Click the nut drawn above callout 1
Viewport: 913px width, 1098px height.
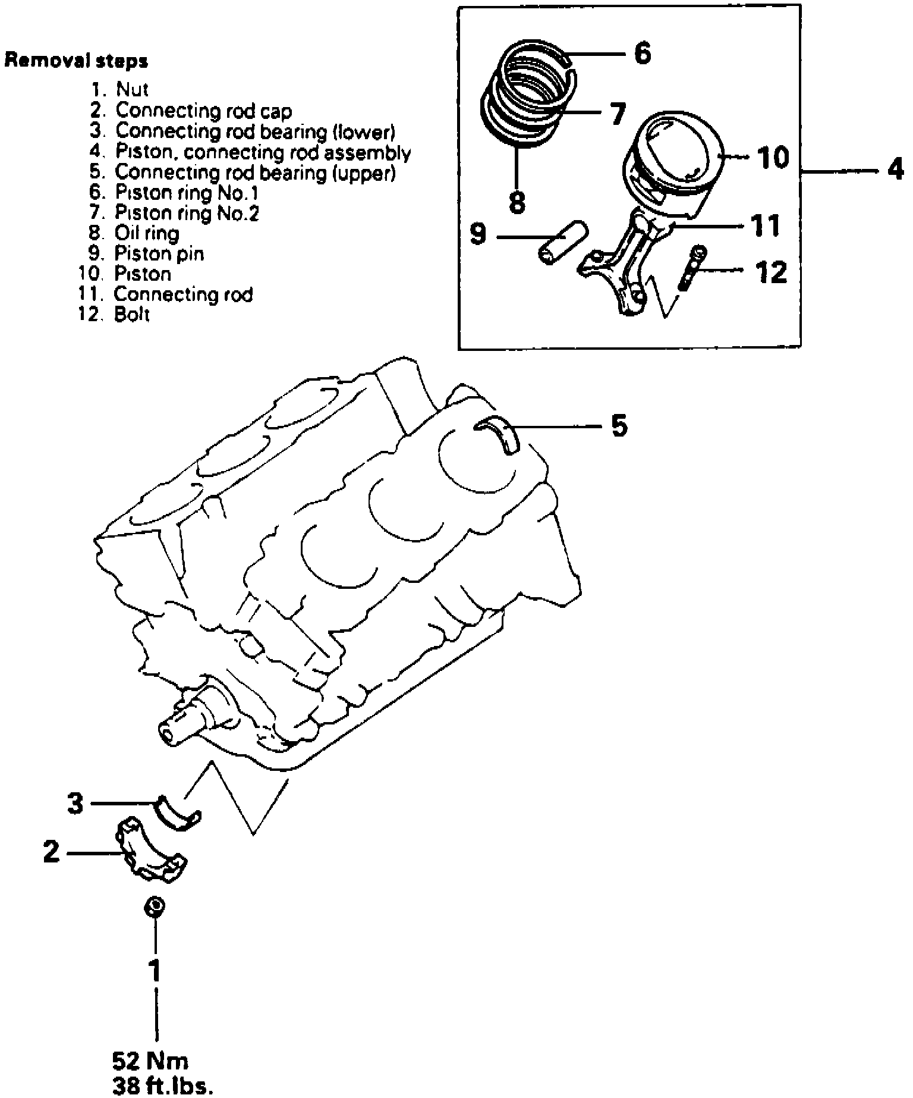(x=155, y=908)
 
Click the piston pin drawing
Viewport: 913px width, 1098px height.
(x=562, y=241)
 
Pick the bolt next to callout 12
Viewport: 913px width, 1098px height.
(x=692, y=269)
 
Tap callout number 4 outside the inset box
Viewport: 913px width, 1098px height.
(x=895, y=171)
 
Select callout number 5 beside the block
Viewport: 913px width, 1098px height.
(x=619, y=426)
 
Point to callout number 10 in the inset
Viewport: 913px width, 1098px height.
(x=773, y=158)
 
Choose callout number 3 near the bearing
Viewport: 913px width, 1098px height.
(x=75, y=805)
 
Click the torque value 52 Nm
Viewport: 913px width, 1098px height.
(x=150, y=1061)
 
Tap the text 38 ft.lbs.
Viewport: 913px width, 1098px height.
(x=162, y=1087)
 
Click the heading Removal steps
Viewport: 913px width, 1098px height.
(x=76, y=61)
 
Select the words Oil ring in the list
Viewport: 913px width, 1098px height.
(x=147, y=233)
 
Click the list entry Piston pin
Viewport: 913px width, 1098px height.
(x=159, y=253)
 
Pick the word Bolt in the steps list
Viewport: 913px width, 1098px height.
(x=131, y=314)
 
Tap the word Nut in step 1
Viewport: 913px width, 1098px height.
(x=131, y=89)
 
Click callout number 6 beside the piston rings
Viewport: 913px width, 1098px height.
(x=642, y=54)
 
